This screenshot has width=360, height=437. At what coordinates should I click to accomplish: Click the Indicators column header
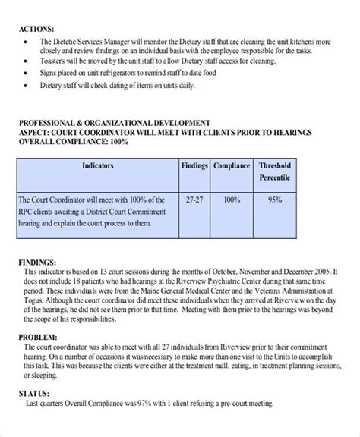coord(98,165)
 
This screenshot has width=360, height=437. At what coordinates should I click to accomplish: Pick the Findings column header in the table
coord(194,165)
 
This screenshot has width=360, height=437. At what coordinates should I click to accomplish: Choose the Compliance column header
coord(232,165)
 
